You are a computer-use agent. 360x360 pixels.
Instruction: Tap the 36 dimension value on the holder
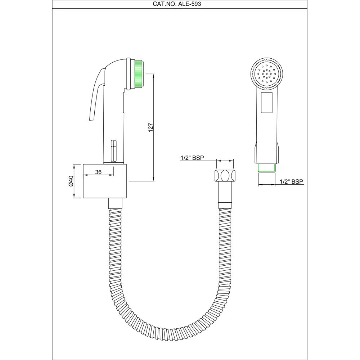click(98, 172)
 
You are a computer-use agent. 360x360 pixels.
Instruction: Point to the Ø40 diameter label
click(71, 181)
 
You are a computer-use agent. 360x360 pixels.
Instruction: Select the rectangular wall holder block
click(105, 181)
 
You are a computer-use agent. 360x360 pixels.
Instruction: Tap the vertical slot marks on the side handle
click(114, 149)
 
